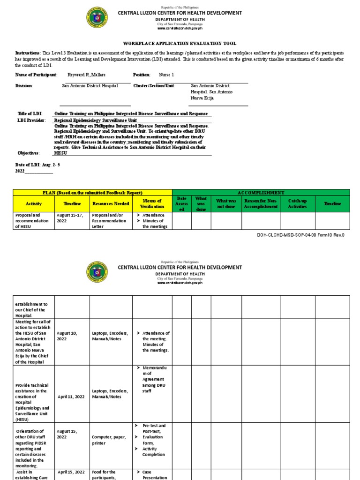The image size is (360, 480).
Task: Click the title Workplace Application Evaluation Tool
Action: [180, 42]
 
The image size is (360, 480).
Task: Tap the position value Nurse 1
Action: [166, 75]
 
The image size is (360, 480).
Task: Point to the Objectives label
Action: [28, 153]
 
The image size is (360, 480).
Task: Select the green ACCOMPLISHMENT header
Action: [261, 192]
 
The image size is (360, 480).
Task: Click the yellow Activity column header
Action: [34, 204]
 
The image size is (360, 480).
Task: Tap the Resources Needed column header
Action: [111, 204]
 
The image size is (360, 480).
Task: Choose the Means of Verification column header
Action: [152, 203]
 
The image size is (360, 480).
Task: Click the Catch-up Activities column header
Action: [297, 203]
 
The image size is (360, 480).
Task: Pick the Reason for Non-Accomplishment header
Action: [261, 203]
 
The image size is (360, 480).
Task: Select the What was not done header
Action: [225, 203]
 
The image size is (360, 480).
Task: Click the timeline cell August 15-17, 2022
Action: [71, 217]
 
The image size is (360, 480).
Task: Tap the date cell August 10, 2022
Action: [67, 336]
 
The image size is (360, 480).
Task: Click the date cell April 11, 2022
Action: [71, 397]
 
